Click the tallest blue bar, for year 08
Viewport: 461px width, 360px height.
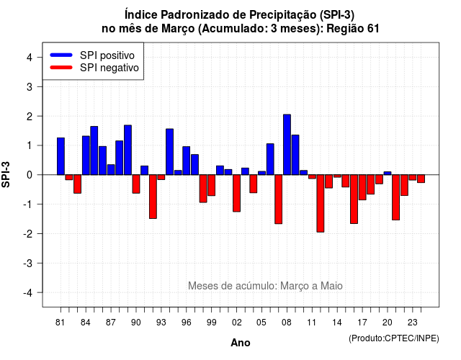pos(287,145)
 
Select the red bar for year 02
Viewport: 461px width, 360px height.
pos(237,193)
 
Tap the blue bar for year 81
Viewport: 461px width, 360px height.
pos(61,156)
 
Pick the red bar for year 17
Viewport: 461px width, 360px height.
pos(362,187)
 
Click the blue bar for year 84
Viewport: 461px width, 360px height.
pos(86,156)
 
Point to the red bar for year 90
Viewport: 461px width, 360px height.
pos(136,184)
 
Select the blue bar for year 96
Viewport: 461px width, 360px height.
pos(187,161)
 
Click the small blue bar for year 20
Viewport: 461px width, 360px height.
pos(388,173)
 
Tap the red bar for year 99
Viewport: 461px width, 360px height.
pos(212,185)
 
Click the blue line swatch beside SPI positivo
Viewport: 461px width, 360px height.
pos(61,55)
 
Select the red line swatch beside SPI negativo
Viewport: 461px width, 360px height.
pos(61,68)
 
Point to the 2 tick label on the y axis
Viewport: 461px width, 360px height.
pos(30,117)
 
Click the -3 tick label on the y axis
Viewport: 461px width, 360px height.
pos(27,264)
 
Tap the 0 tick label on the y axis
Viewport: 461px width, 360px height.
pos(30,175)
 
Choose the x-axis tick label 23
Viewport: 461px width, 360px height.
pos(413,323)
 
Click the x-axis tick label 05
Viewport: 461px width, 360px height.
pos(261,323)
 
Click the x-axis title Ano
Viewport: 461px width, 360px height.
pos(241,343)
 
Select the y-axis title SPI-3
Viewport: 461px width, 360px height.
pos(6,174)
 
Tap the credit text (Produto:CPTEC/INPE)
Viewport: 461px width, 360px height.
pos(394,338)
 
